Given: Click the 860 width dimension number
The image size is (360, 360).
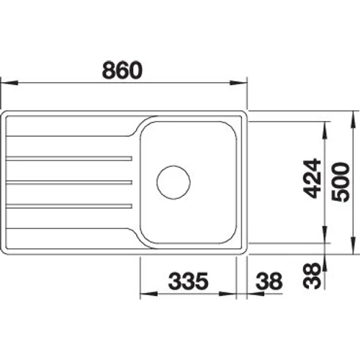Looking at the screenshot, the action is point(122,70).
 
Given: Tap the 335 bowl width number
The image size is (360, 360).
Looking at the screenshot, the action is point(189,281).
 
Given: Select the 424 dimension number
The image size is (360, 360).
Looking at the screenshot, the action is point(312,179).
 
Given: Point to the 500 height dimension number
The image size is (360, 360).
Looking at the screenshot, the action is point(340,182).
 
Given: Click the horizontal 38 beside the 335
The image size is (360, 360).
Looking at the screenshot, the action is point(269,281).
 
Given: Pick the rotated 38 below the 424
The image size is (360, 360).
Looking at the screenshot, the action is point(312,276).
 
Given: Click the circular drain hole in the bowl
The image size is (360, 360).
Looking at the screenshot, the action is point(174,182).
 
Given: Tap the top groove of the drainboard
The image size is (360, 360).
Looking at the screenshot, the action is point(69,158).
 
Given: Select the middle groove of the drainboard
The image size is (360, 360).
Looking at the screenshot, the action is point(69,182).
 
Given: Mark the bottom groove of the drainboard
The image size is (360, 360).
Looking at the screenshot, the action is point(69,206).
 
